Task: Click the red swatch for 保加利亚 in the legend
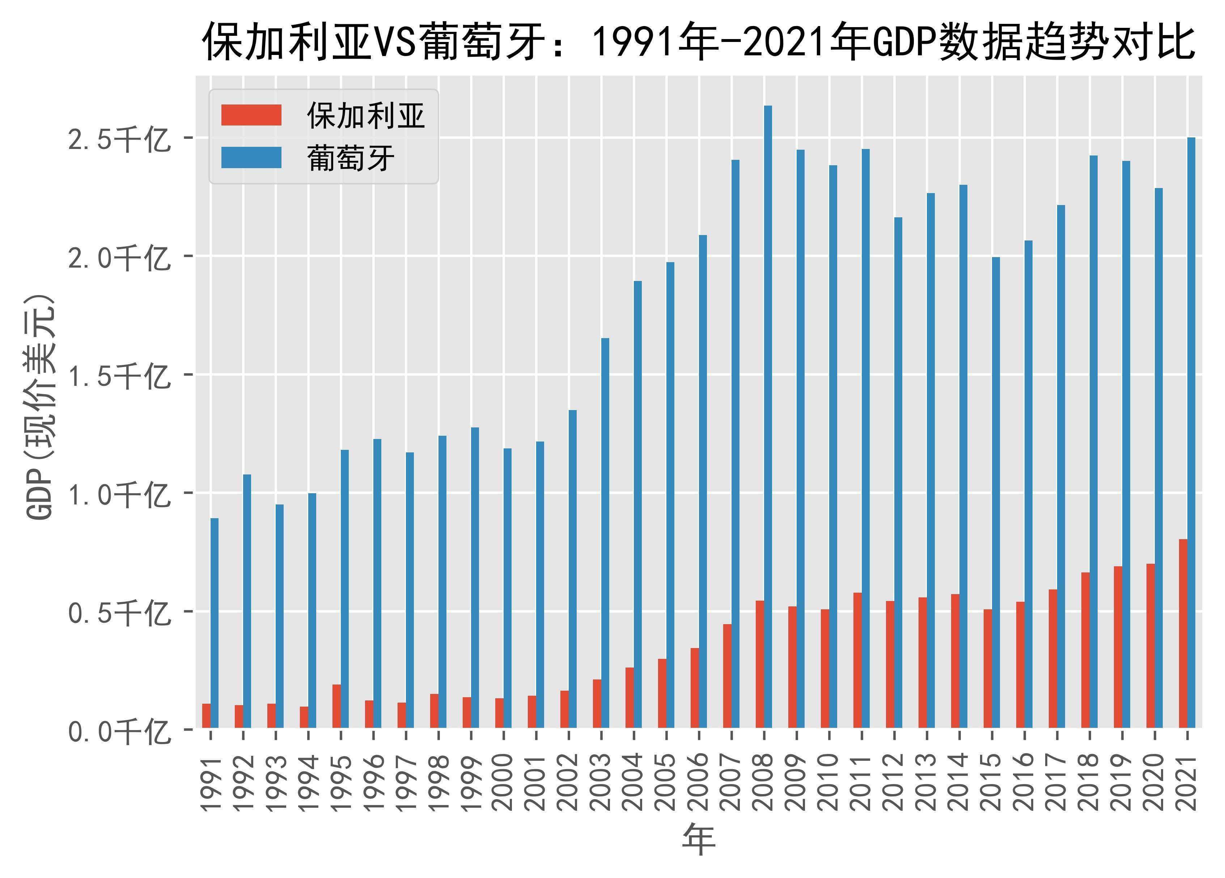click(251, 115)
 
